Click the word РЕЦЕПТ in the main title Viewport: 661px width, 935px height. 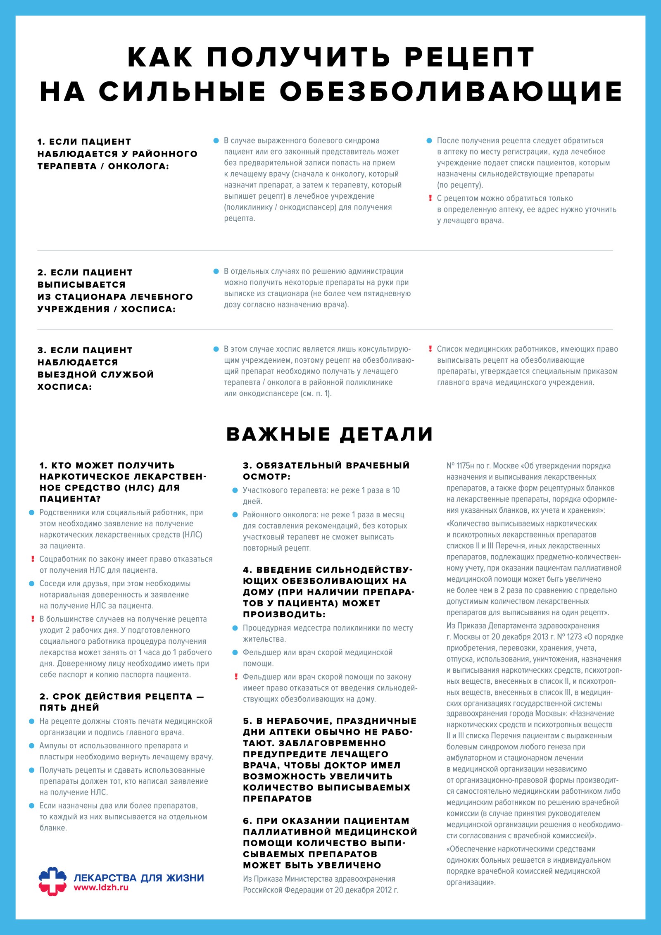pyautogui.click(x=469, y=57)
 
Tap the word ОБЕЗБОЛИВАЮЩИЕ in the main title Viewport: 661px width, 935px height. pyautogui.click(x=451, y=91)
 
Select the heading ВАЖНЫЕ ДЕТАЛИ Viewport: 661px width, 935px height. pyautogui.click(x=330, y=434)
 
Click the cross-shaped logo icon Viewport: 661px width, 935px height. pyautogui.click(x=52, y=882)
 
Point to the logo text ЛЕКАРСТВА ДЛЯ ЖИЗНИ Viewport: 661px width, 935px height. pyautogui.click(x=139, y=878)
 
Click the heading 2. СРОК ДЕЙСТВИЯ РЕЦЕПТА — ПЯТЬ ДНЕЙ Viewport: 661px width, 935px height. pyautogui.click(x=121, y=702)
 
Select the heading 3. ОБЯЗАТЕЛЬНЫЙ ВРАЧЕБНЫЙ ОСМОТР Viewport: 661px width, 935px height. pyautogui.click(x=326, y=471)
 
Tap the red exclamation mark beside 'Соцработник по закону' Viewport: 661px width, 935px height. pyautogui.click(x=33, y=559)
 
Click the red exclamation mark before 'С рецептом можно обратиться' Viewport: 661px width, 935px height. pyautogui.click(x=430, y=198)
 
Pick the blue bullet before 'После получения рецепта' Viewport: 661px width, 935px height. pyautogui.click(x=429, y=141)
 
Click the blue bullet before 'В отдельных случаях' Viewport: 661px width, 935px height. pyautogui.click(x=216, y=271)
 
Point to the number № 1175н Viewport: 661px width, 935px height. pyautogui.click(x=460, y=466)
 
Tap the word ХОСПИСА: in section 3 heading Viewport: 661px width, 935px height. pyautogui.click(x=64, y=387)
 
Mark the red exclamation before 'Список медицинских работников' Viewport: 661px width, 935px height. pyautogui.click(x=430, y=349)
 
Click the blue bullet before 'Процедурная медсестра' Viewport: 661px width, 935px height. pyautogui.click(x=235, y=628)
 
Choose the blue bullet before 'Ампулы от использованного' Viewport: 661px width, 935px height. pyautogui.click(x=32, y=746)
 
